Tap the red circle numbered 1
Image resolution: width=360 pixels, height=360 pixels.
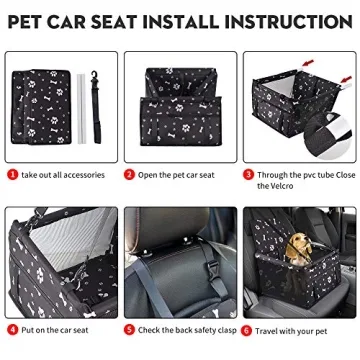pos(11,173)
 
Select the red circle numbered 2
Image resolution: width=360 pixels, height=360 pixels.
pos(130,173)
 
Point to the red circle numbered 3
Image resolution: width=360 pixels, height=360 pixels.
pos(248,173)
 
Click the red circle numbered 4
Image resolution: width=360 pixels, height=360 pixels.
pos(11,329)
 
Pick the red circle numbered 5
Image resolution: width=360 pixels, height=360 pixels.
pos(130,329)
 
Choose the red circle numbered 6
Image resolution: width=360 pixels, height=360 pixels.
pos(248,329)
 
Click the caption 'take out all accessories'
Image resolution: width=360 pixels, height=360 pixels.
pos(61,174)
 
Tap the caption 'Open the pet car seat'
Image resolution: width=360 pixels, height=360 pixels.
pos(177,174)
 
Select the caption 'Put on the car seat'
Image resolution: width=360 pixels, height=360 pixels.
pos(55,329)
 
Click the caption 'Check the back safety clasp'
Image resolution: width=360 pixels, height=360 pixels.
pos(185,329)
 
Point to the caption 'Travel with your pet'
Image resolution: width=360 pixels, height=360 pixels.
pos(293,329)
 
